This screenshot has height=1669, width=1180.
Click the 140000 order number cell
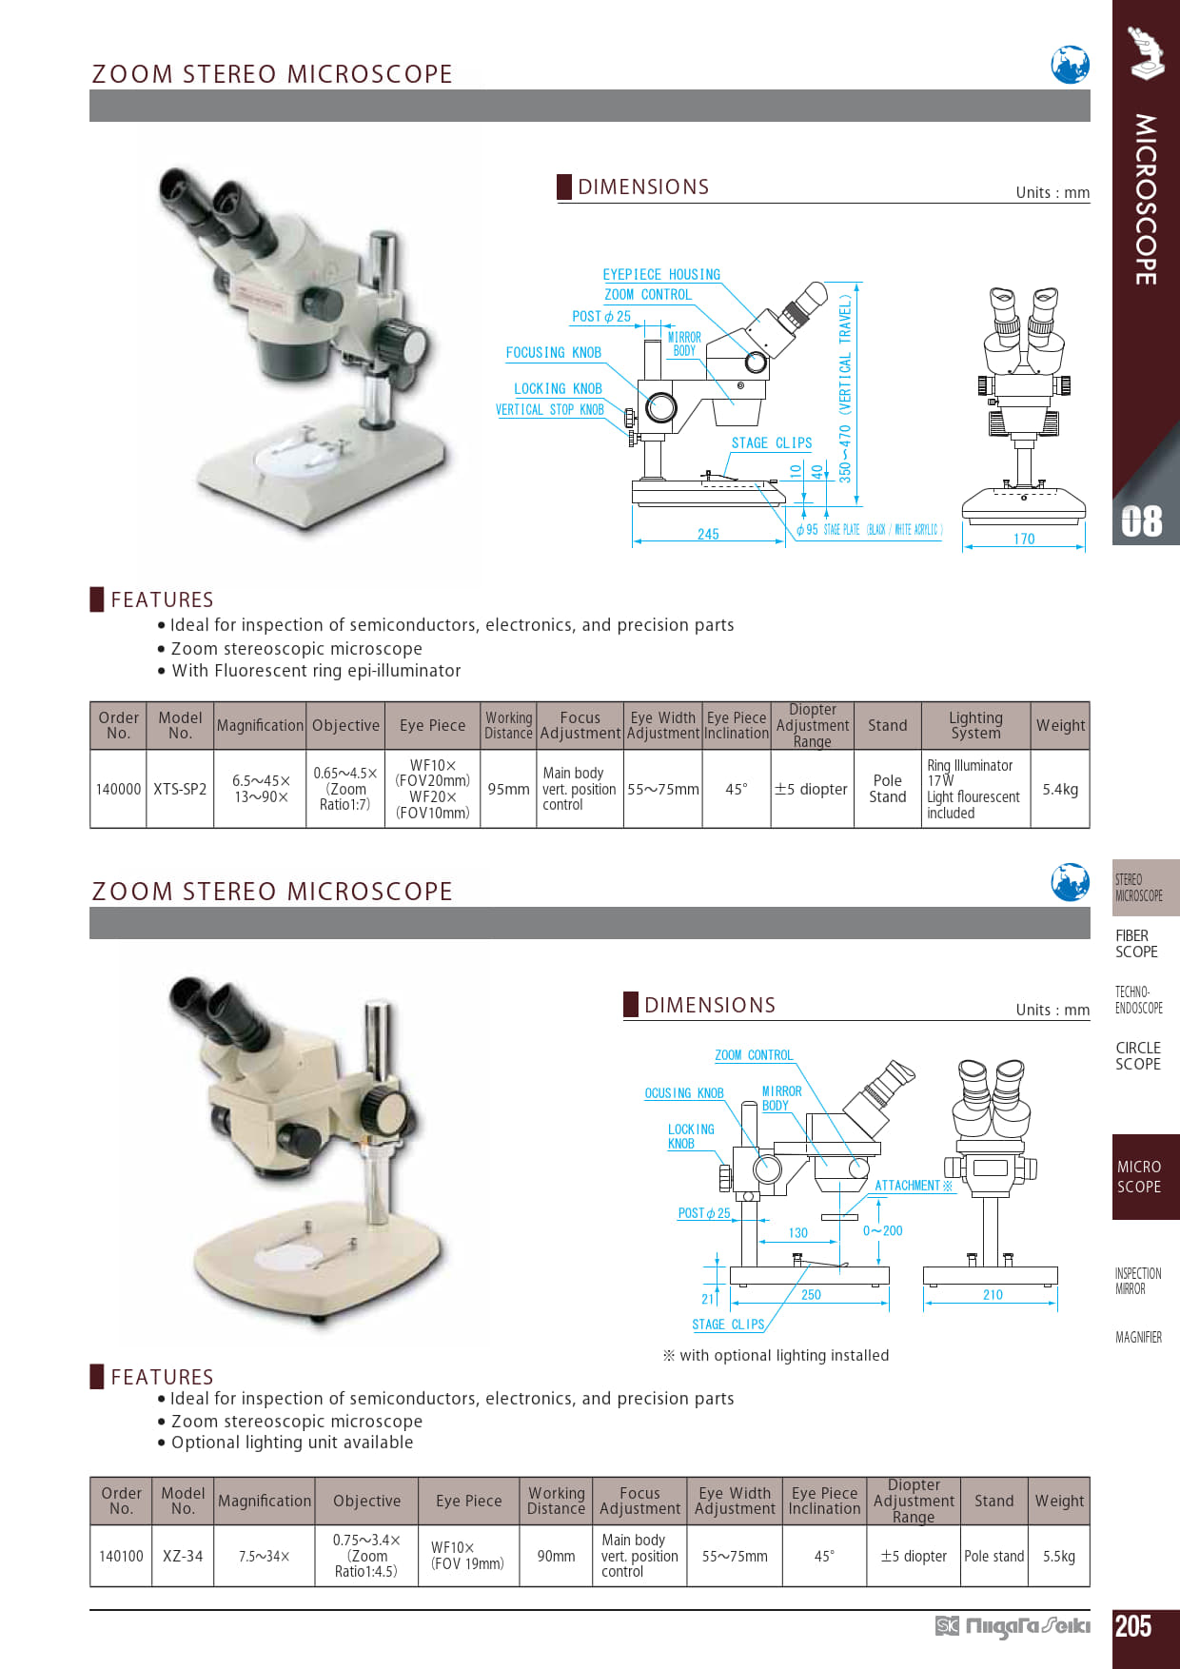tap(118, 789)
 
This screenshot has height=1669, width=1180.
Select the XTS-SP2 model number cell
tap(180, 789)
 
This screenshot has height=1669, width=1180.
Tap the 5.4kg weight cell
tap(1060, 789)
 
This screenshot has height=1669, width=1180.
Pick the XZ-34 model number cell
tap(183, 1556)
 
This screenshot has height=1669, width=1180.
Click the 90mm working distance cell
tap(556, 1556)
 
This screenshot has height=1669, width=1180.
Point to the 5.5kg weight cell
tap(1058, 1556)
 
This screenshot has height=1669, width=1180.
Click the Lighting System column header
tap(975, 725)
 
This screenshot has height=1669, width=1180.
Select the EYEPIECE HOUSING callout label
tap(661, 274)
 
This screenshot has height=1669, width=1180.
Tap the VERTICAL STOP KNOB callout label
tap(549, 409)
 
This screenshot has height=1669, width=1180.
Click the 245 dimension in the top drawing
tap(708, 534)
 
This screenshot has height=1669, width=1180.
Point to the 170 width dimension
tap(1024, 539)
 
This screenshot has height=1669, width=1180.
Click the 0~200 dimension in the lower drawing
tap(883, 1230)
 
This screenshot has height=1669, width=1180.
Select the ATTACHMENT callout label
tap(913, 1186)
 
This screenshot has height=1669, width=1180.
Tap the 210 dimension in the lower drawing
tap(993, 1294)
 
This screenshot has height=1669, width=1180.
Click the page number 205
tap(1133, 1626)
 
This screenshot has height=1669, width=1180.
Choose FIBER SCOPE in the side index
tap(1137, 944)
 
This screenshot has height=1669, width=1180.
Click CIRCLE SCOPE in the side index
tap(1138, 1056)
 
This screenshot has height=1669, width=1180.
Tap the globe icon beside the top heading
tap(1070, 65)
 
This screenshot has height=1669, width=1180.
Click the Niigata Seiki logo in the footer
tap(1013, 1626)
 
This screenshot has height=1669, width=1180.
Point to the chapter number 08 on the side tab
tap(1142, 521)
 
